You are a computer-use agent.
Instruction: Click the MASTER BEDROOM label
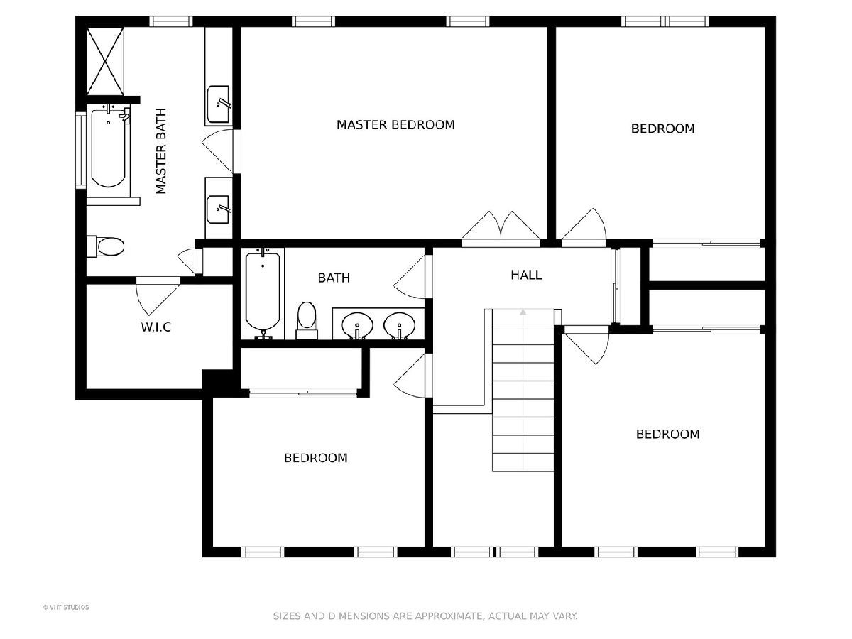tap(395, 124)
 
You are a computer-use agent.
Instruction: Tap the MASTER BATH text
tap(160, 151)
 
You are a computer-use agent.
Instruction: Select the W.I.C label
tap(155, 327)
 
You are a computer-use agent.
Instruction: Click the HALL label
tap(526, 275)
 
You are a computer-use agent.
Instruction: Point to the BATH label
tap(334, 278)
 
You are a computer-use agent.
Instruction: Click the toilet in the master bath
tap(106, 246)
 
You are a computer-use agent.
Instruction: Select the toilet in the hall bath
tap(307, 320)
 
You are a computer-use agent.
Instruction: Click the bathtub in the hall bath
tap(263, 294)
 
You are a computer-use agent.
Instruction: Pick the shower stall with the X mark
tap(105, 61)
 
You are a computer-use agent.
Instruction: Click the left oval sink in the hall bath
tap(357, 325)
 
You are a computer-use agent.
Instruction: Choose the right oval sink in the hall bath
tap(399, 325)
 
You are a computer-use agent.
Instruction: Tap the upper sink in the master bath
tap(219, 104)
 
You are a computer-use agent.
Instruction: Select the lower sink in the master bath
tap(219, 209)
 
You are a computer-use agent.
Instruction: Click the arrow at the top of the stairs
tap(523, 312)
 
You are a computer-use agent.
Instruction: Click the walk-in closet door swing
tap(158, 295)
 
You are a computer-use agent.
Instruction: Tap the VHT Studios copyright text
tap(66, 607)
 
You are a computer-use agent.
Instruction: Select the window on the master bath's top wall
tap(171, 21)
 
